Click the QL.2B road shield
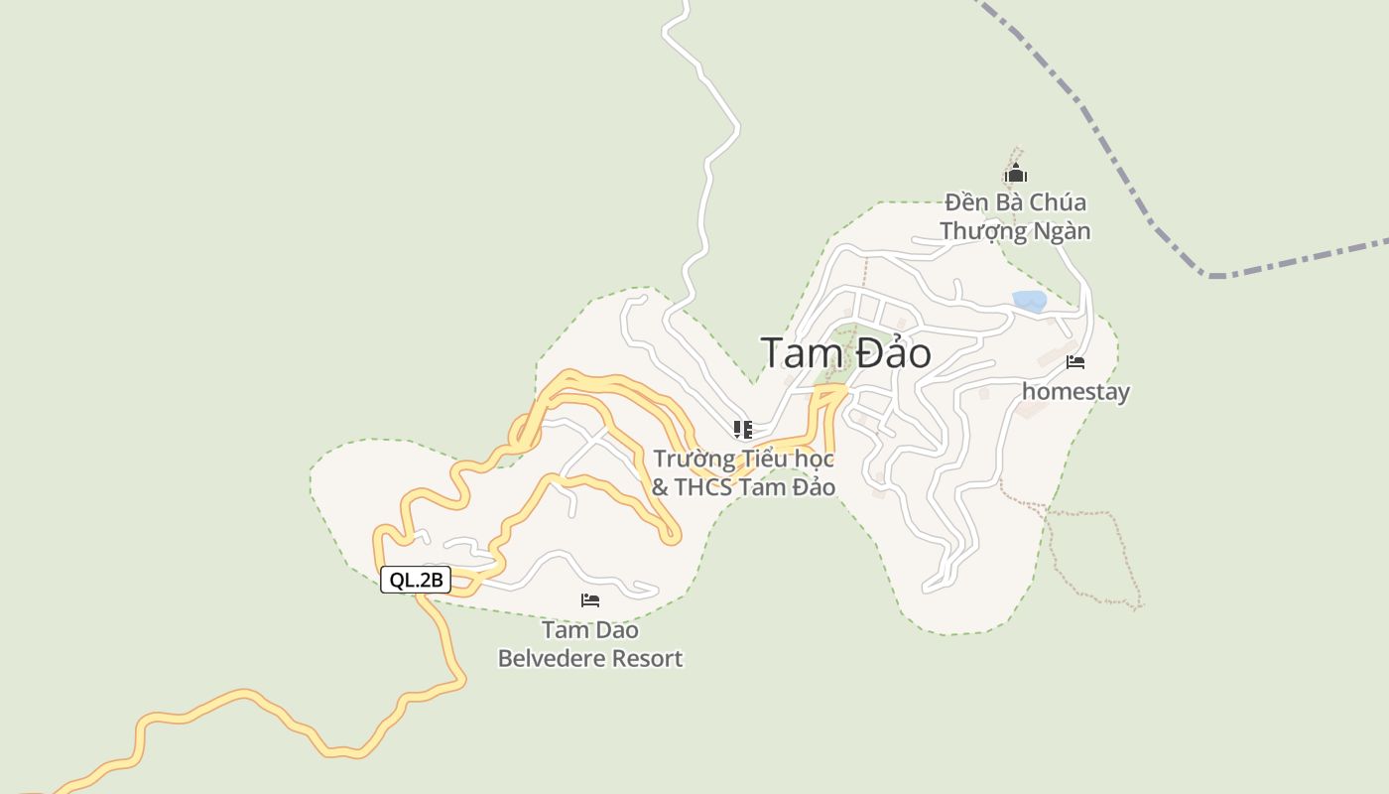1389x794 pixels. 416,581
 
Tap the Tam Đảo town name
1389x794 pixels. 845,353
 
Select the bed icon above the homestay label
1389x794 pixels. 1075,362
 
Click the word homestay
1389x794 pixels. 1075,392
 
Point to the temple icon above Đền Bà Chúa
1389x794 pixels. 1015,175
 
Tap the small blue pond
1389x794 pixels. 1029,300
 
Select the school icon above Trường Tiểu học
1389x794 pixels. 742,429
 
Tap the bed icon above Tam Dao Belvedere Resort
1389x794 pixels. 590,600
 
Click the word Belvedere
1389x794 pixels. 549,658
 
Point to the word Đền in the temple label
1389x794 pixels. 966,202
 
